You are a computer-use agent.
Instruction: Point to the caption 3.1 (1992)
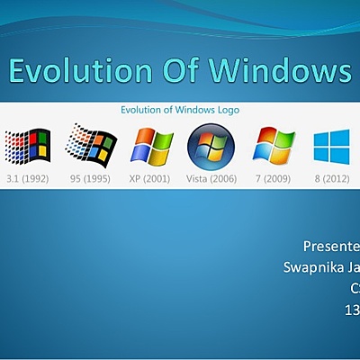[x=27, y=179]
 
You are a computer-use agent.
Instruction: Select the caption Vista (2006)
[x=211, y=179]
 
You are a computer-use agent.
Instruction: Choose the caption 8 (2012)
[x=331, y=179]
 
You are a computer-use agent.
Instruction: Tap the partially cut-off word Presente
[x=330, y=245]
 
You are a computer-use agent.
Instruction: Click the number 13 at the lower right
[x=352, y=310]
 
